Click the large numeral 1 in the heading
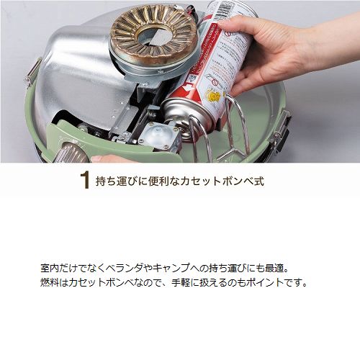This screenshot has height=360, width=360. click(x=84, y=181)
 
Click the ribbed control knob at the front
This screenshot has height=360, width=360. click(x=71, y=152)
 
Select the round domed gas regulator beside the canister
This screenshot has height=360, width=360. click(x=157, y=135)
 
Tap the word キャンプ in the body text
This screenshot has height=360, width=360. click(x=171, y=268)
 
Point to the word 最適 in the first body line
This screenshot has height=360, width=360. click(x=274, y=268)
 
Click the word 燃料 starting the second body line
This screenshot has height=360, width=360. click(x=50, y=282)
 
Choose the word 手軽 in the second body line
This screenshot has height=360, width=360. click(x=181, y=282)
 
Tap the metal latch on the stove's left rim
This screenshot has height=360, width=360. click(x=33, y=72)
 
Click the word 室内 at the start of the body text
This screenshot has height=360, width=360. click(x=50, y=268)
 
